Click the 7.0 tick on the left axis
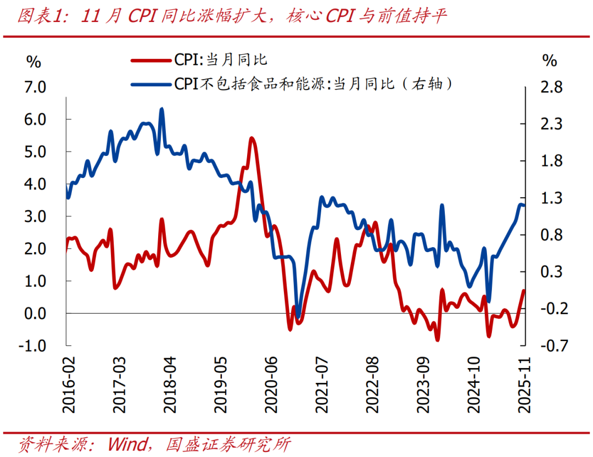click(33, 87)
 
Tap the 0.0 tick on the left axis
click(33, 313)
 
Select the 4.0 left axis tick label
click(33, 184)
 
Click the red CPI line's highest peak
click(251, 138)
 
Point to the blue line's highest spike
click(161, 109)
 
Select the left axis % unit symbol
click(34, 62)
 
